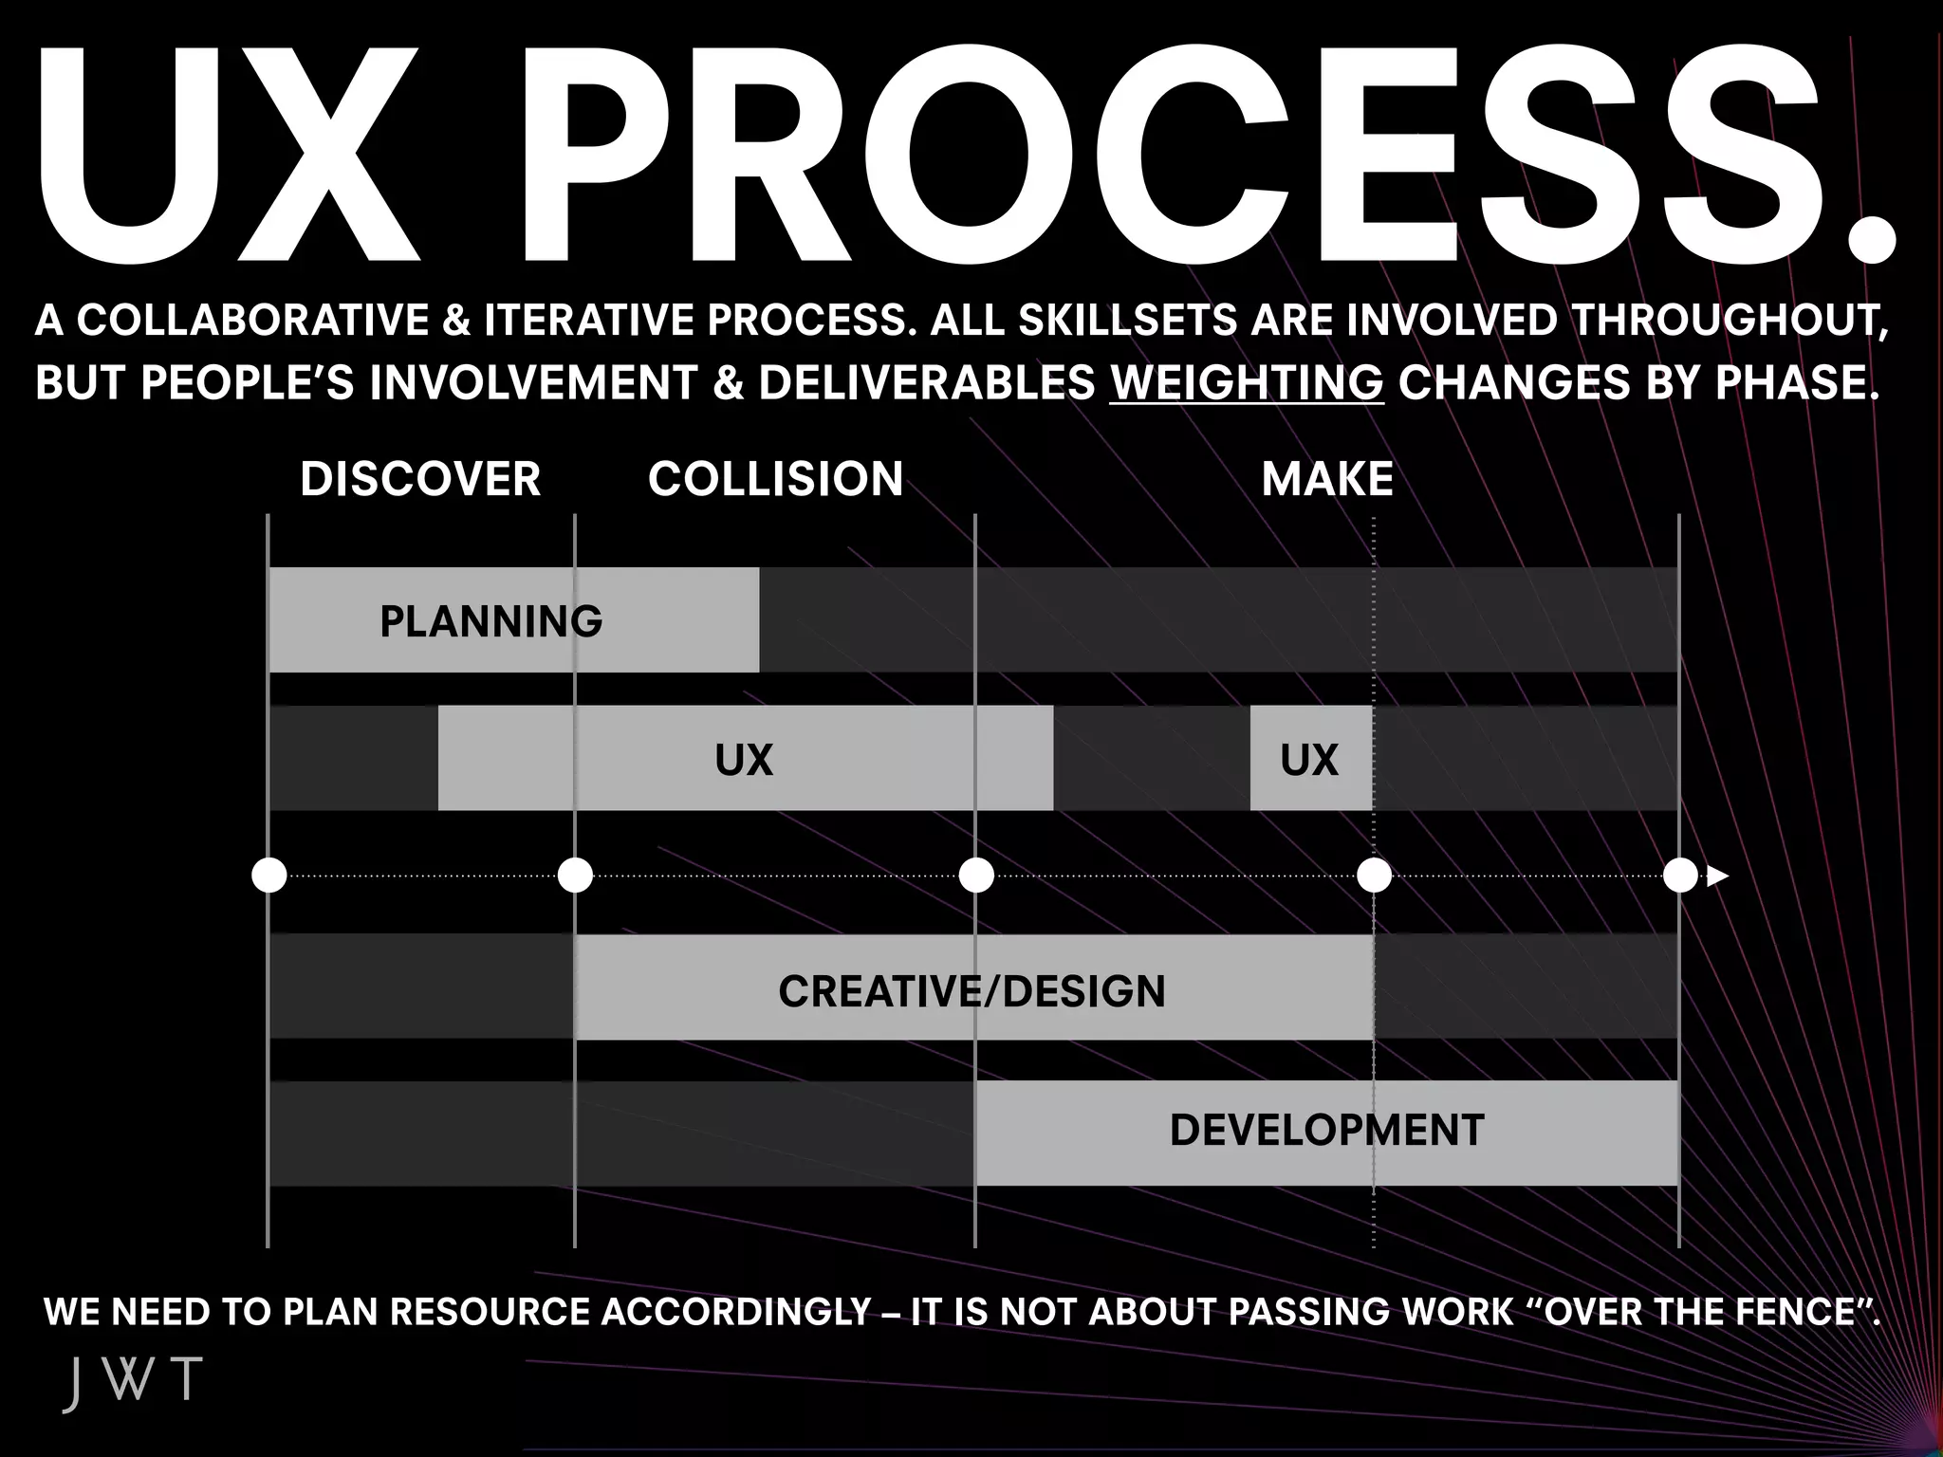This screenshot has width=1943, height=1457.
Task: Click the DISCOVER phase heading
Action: (x=420, y=479)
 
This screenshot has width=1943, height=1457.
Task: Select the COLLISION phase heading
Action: (x=775, y=479)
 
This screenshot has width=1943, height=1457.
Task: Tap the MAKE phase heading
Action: (x=1327, y=479)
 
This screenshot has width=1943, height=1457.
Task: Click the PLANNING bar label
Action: (x=490, y=622)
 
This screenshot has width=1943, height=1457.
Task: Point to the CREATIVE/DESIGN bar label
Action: (x=971, y=991)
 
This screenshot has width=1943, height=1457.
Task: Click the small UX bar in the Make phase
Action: (x=1309, y=760)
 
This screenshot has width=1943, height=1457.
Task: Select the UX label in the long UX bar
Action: (x=744, y=760)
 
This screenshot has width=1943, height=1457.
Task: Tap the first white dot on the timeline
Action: (x=269, y=876)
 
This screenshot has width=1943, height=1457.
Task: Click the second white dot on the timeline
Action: (x=575, y=876)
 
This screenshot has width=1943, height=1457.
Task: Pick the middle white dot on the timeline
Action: (x=976, y=876)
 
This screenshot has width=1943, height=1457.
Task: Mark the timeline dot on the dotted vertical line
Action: (x=1374, y=876)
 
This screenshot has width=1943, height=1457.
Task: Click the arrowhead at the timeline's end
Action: (x=1717, y=876)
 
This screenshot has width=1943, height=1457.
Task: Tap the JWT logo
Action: (x=133, y=1383)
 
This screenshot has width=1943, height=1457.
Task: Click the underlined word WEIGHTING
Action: (x=1247, y=382)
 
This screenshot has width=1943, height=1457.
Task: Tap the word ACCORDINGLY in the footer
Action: (x=736, y=1312)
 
